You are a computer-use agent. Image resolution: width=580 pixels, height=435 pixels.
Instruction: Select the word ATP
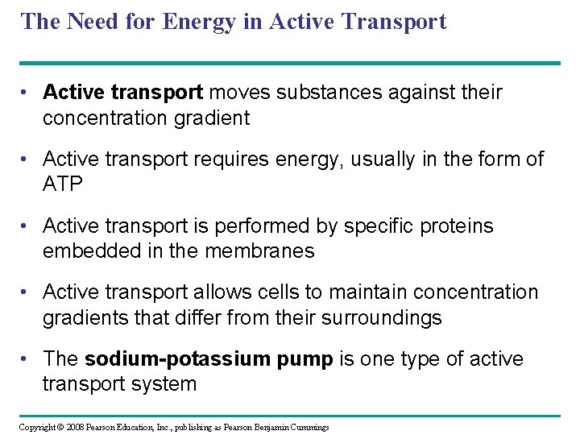[63, 184]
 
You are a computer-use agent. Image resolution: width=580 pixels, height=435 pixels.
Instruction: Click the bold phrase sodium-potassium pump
[209, 359]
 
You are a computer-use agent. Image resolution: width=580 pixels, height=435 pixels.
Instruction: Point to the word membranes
[259, 251]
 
